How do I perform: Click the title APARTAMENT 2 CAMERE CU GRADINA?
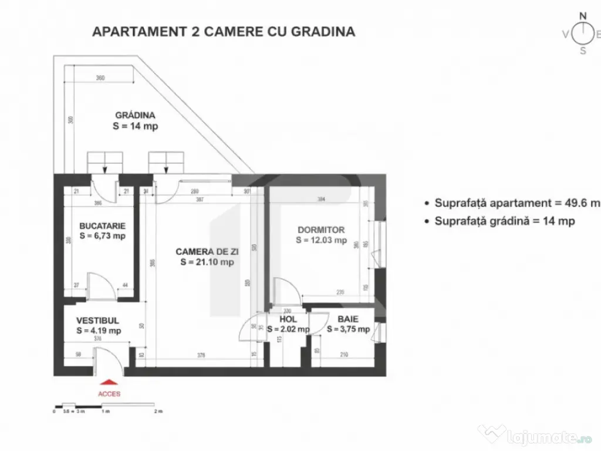[x=224, y=32]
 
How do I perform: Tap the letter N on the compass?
[x=583, y=16]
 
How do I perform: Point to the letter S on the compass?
[x=583, y=51]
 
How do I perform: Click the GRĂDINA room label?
[x=135, y=115]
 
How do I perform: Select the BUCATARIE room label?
[x=102, y=225]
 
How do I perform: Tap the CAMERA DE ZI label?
[x=207, y=251]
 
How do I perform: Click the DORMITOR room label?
[x=321, y=230]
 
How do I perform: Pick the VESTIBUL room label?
[x=98, y=321]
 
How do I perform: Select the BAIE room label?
[x=345, y=319]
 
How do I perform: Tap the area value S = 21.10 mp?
[x=207, y=262]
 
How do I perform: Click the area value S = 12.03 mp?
[x=321, y=240]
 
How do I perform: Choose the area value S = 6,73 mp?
[x=102, y=236]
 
